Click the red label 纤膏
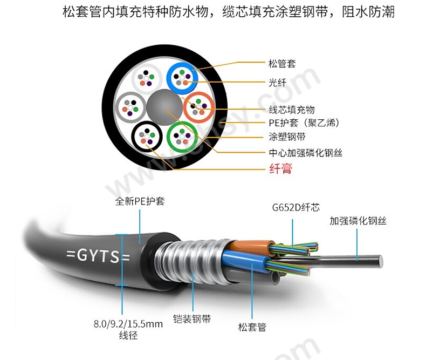pyautogui.click(x=281, y=168)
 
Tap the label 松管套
pyautogui.click(x=282, y=64)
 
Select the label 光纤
pyautogui.click(x=277, y=83)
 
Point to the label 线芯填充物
pyautogui.click(x=292, y=110)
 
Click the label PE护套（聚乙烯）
pyautogui.click(x=304, y=123)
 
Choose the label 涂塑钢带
pyautogui.click(x=287, y=137)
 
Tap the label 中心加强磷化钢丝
pyautogui.click(x=306, y=153)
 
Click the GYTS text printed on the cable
pyautogui.click(x=98, y=256)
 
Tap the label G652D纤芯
pyautogui.click(x=296, y=207)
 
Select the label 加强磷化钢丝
pyautogui.click(x=358, y=221)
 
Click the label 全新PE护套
pyautogui.click(x=140, y=201)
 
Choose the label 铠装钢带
pyautogui.click(x=192, y=318)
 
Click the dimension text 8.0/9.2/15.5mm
pyautogui.click(x=128, y=324)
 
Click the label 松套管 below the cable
pyautogui.click(x=252, y=327)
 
